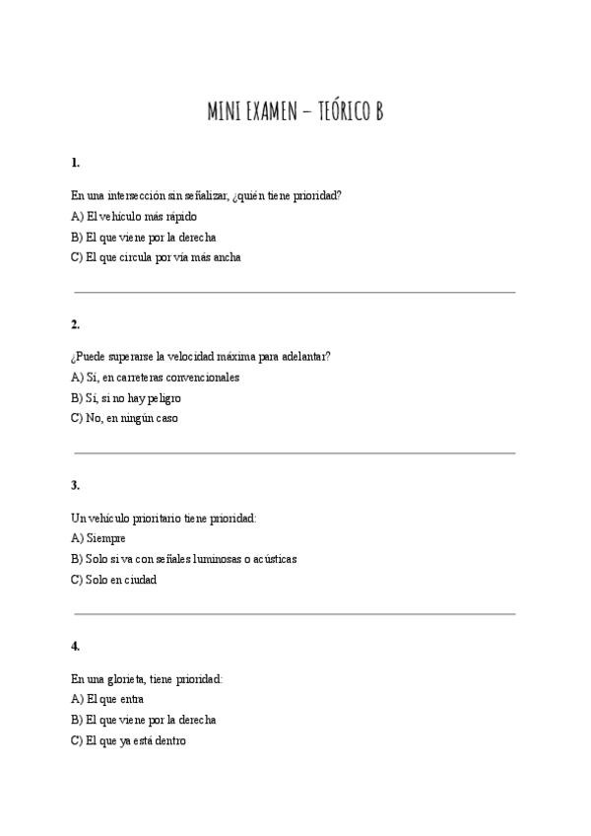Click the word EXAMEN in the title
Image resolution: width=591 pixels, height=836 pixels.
[262, 112]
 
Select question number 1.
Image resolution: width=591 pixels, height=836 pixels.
[76, 163]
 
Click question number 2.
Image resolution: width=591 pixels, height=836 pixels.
[76, 324]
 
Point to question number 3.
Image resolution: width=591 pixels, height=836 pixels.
[76, 485]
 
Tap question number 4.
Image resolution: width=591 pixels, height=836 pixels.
[76, 646]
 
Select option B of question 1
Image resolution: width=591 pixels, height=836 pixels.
[144, 237]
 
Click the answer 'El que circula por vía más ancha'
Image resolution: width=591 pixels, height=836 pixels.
[156, 257]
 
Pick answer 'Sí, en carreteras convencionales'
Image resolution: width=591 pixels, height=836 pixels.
[156, 377]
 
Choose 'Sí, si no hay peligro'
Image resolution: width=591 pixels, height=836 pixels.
[126, 398]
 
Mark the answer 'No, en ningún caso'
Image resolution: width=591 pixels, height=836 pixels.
[124, 419]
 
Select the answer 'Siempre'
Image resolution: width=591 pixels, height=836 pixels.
[98, 538]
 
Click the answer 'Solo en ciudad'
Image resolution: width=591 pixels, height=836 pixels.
[114, 580]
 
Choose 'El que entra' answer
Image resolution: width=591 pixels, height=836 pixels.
[108, 699]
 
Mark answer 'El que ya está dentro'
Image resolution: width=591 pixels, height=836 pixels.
[128, 740]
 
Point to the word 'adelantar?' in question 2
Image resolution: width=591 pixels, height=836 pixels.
[304, 356]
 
